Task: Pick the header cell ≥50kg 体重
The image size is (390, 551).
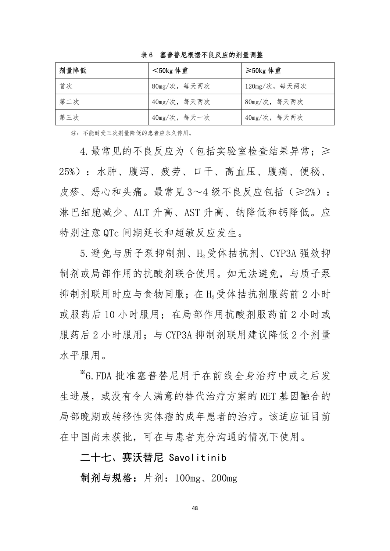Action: tap(263, 71)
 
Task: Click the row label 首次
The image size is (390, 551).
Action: tap(66, 86)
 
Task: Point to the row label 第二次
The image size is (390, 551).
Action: tap(69, 102)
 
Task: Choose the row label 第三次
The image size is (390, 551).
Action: tap(69, 118)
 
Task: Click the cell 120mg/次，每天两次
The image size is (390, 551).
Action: tap(276, 86)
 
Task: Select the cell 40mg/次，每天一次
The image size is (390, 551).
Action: tap(181, 118)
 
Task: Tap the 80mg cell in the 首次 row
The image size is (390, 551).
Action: tap(181, 86)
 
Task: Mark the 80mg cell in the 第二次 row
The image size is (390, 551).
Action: tap(274, 102)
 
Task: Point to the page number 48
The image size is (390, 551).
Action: tap(195, 509)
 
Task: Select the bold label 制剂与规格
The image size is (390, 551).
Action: tap(109, 478)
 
